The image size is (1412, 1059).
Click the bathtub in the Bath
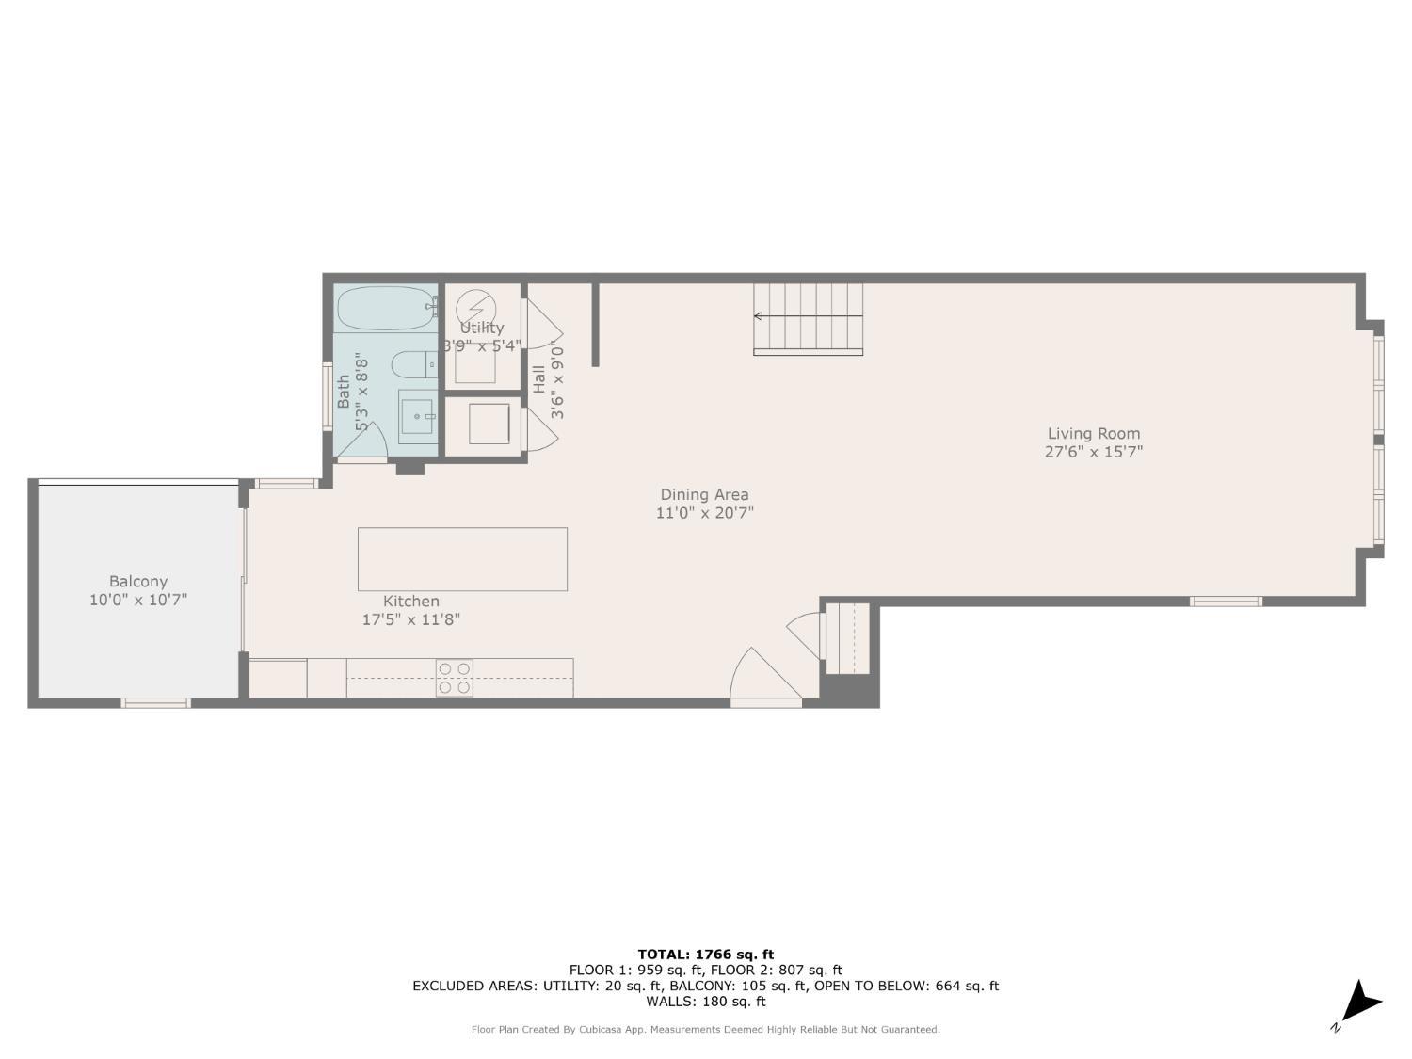(x=385, y=308)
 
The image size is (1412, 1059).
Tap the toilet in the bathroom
(x=413, y=363)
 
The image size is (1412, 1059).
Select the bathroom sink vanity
(x=418, y=416)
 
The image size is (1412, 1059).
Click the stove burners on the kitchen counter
(x=455, y=678)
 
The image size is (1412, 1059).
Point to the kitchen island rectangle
(x=462, y=559)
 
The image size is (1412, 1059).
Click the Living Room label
(x=1093, y=434)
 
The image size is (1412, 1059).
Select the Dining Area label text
(x=704, y=495)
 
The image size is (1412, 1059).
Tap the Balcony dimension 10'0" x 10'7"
(x=138, y=600)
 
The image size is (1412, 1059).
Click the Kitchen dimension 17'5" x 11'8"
(x=411, y=619)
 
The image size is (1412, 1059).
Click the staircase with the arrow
(x=808, y=318)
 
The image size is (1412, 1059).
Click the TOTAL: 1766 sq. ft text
(x=705, y=955)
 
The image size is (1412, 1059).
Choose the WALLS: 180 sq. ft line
(x=705, y=1002)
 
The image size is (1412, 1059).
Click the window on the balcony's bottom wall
(x=155, y=702)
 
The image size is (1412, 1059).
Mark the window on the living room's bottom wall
(x=1226, y=601)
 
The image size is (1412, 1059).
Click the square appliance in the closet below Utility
(x=489, y=424)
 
